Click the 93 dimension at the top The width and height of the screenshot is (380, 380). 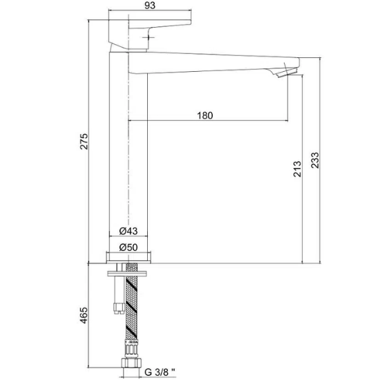150,6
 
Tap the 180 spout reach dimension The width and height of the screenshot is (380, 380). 205,115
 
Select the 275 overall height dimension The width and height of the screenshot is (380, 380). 84,141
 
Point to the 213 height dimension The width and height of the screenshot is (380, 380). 297,169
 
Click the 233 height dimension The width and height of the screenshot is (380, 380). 315,160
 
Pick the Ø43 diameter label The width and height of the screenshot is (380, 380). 129,231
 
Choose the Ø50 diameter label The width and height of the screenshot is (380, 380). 129,247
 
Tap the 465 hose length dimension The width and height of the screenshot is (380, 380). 84,315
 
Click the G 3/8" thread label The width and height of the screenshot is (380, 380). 160,372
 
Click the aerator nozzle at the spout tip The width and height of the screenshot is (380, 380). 287,73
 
